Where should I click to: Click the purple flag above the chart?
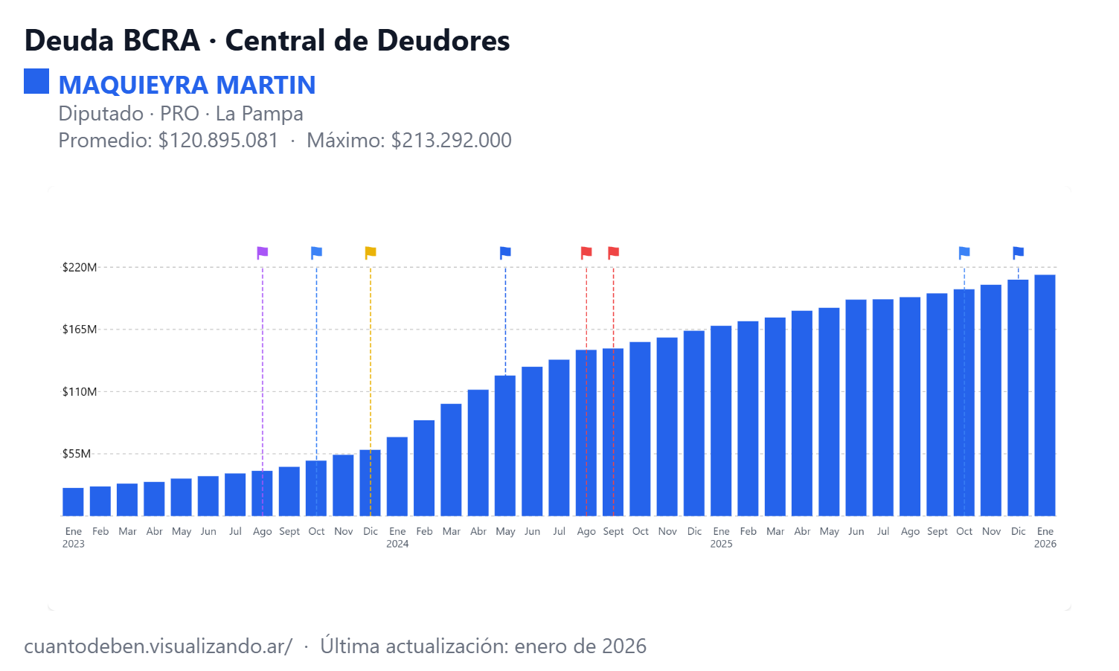pos(262,252)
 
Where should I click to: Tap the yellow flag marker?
pos(371,252)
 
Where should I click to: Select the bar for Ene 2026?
pos(1045,395)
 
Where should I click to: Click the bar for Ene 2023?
pos(74,501)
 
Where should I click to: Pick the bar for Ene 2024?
pos(397,476)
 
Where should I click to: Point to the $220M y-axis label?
pos(80,267)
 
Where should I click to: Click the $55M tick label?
pos(77,454)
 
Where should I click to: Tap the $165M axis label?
pos(80,330)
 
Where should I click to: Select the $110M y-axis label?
pos(80,392)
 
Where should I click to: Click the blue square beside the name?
pos(36,81)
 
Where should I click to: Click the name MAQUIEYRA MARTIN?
pos(187,86)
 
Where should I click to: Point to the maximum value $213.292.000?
pos(451,141)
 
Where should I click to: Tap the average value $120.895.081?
pos(218,141)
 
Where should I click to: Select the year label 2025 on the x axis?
pos(721,544)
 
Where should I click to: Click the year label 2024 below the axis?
pos(397,544)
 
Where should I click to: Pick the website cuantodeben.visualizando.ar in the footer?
pos(158,646)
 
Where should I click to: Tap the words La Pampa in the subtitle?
pos(259,114)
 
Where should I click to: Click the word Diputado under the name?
pos(100,114)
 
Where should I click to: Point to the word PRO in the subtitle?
pos(179,114)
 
